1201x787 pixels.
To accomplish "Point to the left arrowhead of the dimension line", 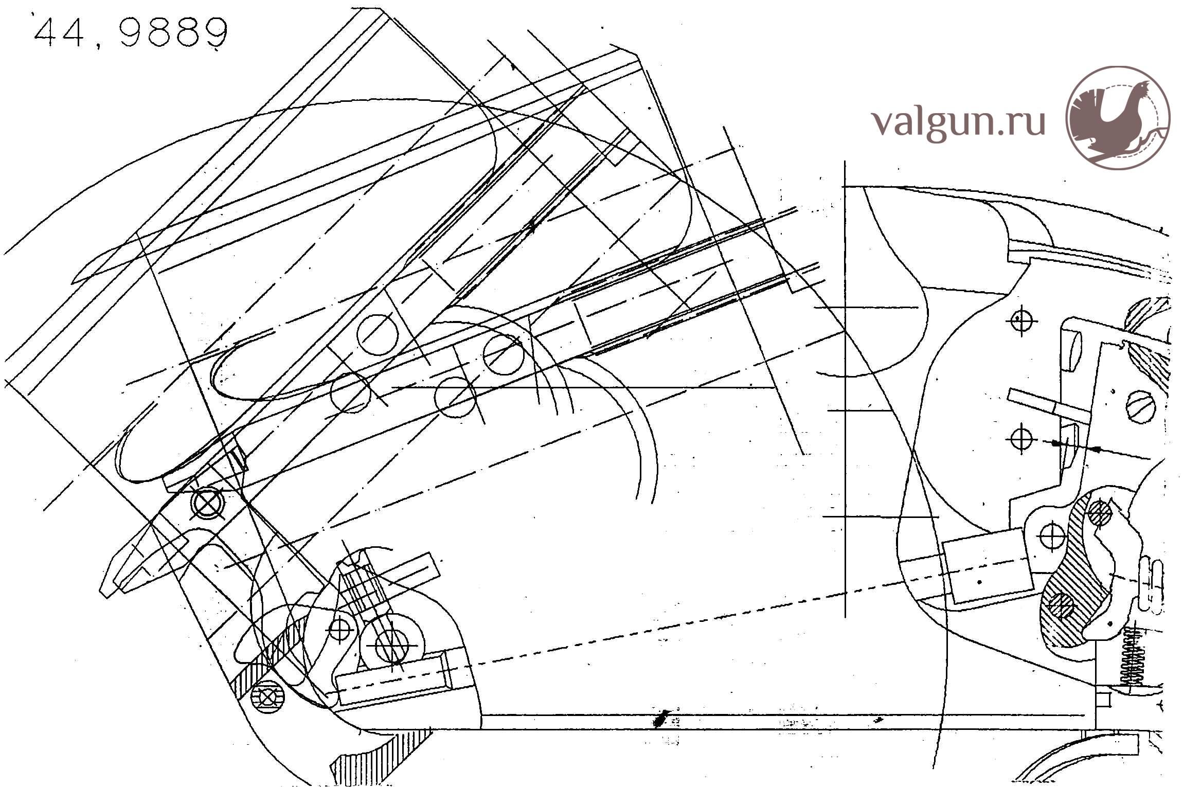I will [1055, 443].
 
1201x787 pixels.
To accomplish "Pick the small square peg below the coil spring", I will [1102, 700].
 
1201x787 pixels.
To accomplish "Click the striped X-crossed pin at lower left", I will [267, 697].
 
